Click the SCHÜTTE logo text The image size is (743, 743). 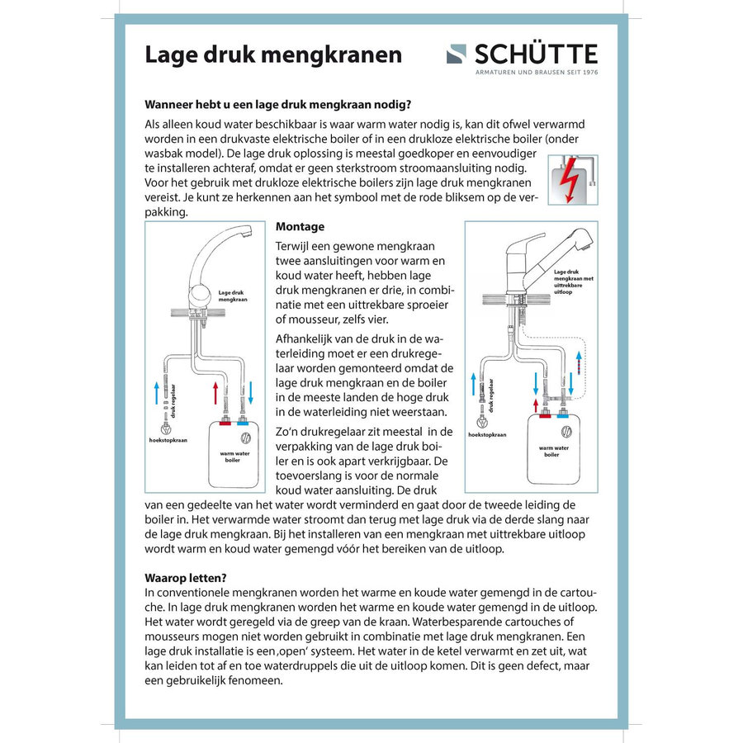click(x=535, y=54)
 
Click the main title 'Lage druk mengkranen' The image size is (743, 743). click(x=273, y=54)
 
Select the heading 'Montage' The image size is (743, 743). click(x=300, y=227)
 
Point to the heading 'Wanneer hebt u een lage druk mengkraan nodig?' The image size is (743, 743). click(x=278, y=104)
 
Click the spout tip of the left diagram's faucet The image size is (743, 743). click(x=244, y=240)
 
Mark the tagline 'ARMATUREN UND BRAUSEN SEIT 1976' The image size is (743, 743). click(x=537, y=73)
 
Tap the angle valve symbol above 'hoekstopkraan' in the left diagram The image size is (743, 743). click(x=167, y=428)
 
